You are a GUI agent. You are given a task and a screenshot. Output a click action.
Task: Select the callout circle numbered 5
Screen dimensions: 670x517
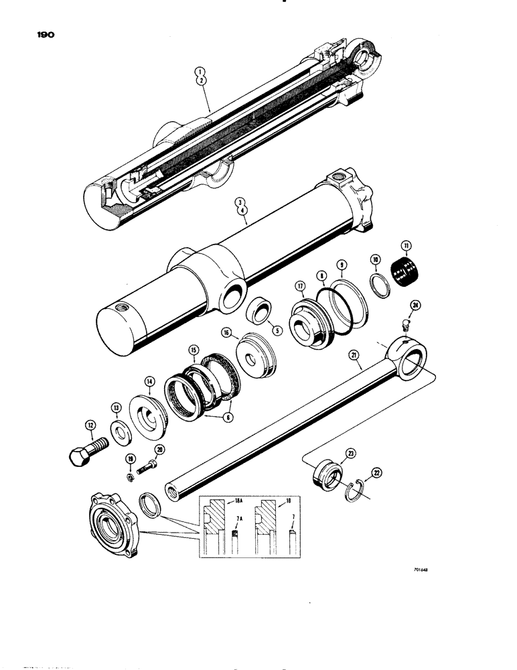277,330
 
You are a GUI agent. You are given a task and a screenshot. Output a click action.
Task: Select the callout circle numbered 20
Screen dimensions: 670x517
159,450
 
